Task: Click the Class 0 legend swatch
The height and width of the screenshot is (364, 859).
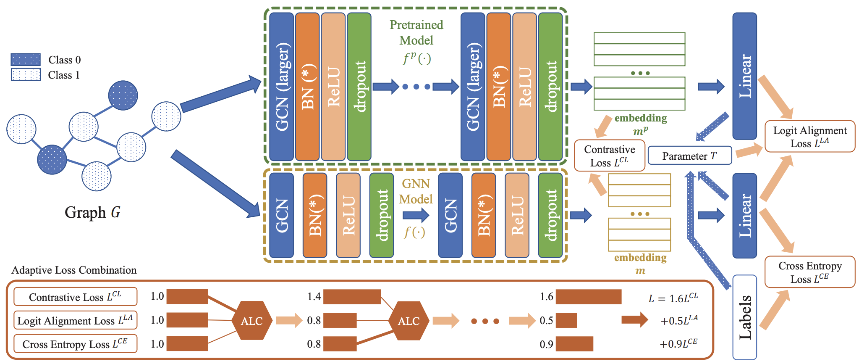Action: coord(26,60)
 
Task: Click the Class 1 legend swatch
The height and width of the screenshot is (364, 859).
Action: coord(26,75)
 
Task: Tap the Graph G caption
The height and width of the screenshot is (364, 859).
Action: coord(92,212)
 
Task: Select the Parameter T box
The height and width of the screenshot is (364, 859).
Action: coord(689,156)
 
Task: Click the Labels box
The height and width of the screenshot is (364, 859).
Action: coord(744,317)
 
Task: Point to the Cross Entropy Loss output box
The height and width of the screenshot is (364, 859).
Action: coord(809,272)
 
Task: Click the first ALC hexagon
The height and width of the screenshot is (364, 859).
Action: coord(251,321)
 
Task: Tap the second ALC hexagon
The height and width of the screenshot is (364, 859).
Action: coord(409,321)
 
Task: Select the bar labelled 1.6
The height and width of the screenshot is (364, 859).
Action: coord(588,297)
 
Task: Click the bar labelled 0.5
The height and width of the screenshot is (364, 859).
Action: coord(566,320)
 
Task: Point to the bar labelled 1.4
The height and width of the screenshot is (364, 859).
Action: coord(352,297)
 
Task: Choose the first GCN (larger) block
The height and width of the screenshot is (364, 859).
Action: coord(281,87)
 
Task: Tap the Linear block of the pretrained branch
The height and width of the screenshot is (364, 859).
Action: coord(744,76)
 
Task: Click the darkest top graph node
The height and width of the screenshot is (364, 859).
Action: coord(123,95)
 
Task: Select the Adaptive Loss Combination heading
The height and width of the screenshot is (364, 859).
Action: coord(74,270)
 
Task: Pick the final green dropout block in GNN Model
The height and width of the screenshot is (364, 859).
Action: coord(550,215)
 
